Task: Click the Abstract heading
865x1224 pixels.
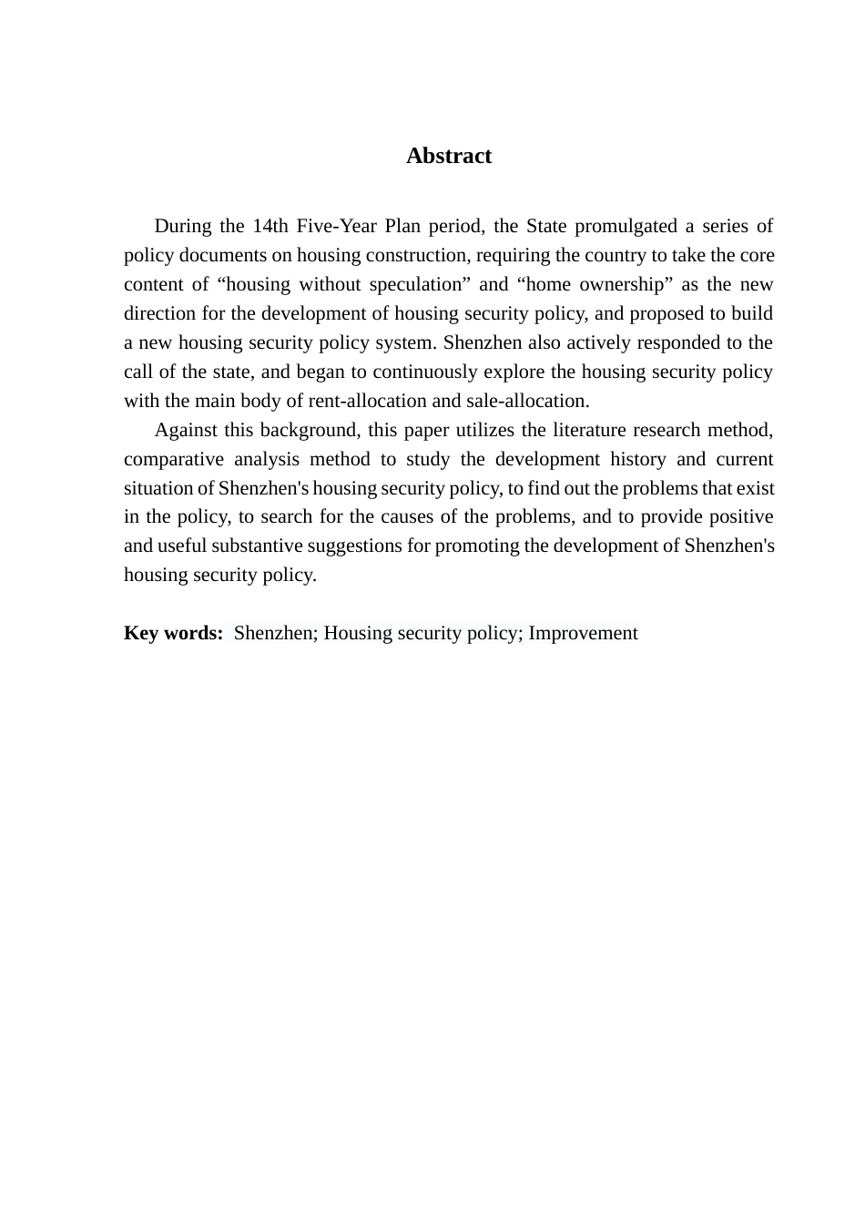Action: pyautogui.click(x=449, y=156)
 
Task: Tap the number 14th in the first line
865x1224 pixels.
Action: pyautogui.click(x=270, y=226)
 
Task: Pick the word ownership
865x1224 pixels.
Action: pyautogui.click(x=622, y=284)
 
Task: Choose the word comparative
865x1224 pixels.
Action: pyautogui.click(x=170, y=459)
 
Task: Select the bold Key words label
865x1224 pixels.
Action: pyautogui.click(x=173, y=633)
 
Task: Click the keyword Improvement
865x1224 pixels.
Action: pyautogui.click(x=583, y=633)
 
